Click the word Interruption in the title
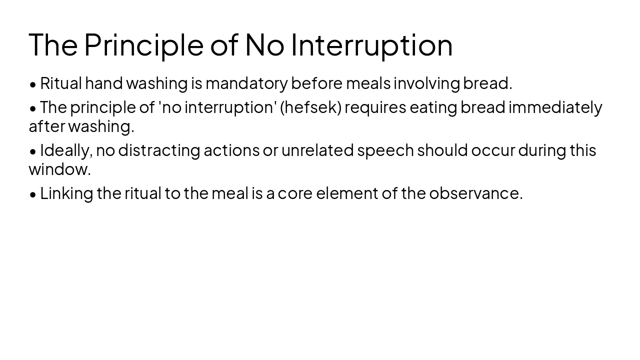371,45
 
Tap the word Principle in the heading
143,45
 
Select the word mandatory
246,83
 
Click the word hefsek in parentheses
310,107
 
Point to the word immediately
555,107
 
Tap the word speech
385,150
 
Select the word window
59,169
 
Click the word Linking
66,193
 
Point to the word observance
475,193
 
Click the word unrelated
317,150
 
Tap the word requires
375,107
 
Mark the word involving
426,83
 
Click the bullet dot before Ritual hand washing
33,84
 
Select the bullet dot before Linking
33,194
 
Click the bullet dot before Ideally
33,151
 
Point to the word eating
433,107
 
